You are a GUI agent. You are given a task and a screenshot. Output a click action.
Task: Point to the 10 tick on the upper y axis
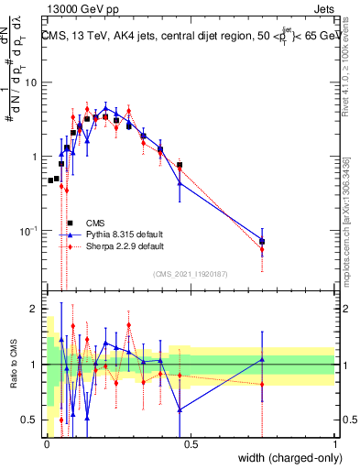point(32,82)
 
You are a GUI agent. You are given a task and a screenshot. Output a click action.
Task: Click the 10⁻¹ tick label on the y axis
point(29,231)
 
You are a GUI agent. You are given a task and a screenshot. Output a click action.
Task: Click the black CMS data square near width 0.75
point(263,242)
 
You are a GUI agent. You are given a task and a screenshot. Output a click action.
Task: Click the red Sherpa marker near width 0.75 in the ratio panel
point(263,384)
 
